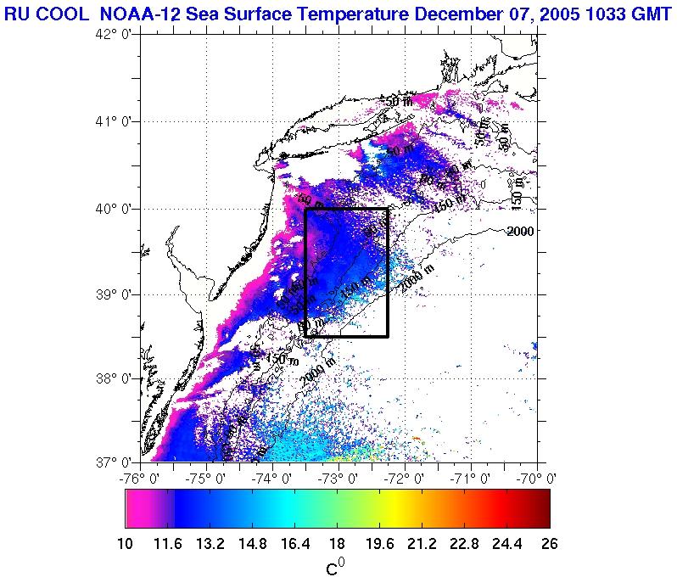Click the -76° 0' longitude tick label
click(142, 479)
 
